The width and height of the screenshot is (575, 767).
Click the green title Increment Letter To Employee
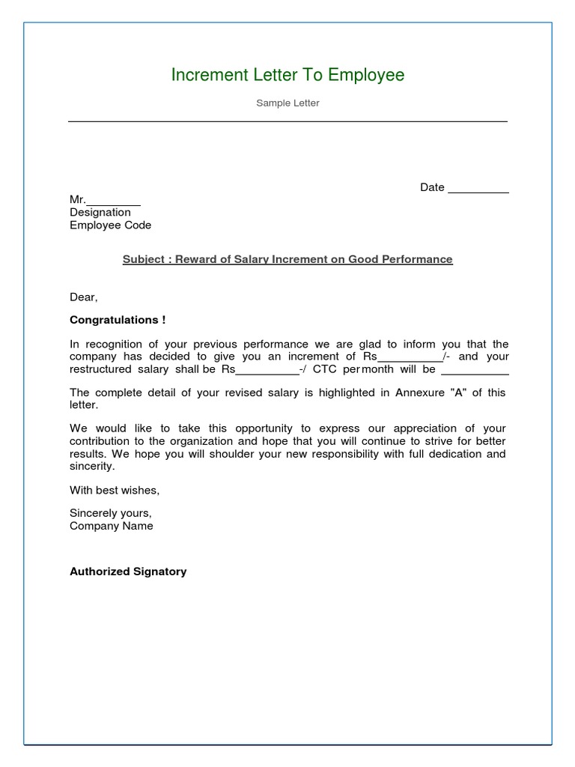(287, 75)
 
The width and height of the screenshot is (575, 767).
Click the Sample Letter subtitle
(287, 103)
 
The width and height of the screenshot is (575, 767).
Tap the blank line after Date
(478, 189)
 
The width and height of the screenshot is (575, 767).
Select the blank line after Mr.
(114, 201)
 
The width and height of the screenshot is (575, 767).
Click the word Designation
(100, 213)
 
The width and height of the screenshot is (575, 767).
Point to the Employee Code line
(110, 225)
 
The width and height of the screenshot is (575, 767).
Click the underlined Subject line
(287, 259)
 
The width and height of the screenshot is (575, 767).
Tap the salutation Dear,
(84, 297)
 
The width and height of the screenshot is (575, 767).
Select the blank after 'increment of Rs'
(410, 358)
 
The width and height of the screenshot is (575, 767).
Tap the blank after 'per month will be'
(475, 371)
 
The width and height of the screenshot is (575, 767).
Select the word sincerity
(92, 466)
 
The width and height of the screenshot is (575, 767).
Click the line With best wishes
(115, 491)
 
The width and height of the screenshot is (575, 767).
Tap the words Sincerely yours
(111, 514)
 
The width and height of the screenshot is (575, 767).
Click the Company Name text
(112, 526)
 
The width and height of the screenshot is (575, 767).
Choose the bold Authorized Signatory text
(128, 572)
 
